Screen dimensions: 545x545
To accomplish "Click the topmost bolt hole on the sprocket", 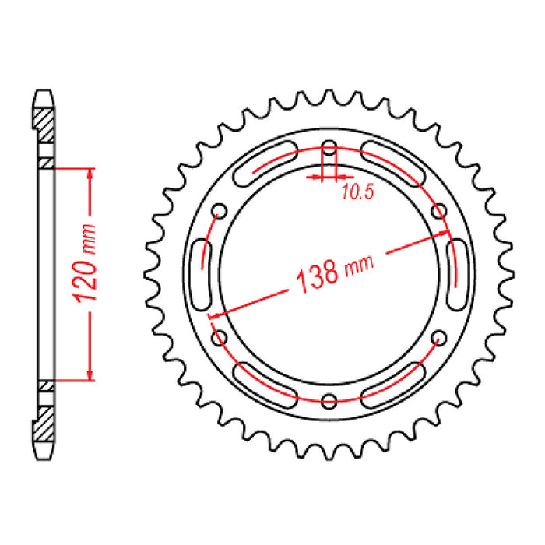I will point(329,148).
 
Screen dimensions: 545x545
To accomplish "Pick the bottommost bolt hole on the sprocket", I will point(329,400).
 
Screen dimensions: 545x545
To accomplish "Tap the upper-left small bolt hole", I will point(219,211).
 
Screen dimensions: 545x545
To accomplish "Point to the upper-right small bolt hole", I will point(438,211).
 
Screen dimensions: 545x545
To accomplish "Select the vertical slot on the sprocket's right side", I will point(459,274).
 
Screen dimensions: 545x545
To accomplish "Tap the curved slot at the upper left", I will point(264,162).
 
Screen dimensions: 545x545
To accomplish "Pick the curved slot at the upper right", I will point(394,162).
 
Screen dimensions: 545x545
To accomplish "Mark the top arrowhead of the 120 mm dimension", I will point(91,174).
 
